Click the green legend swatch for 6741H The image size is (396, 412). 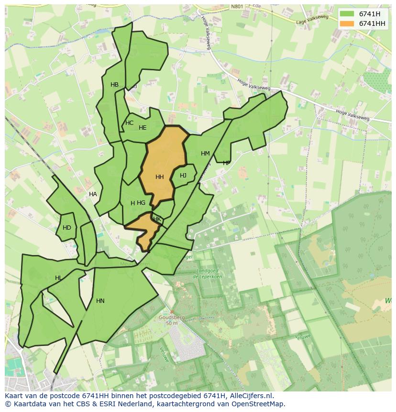tap(347, 14)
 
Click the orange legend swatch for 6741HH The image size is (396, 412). tap(347, 23)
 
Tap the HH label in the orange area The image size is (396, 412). tap(160, 177)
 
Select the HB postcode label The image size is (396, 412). tap(114, 85)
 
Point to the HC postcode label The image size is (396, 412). tap(129, 123)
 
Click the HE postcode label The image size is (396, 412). tap(143, 128)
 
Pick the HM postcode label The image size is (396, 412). tap(205, 154)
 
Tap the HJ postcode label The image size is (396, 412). tap(183, 176)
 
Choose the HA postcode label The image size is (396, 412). tap(93, 194)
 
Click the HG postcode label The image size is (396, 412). tap(141, 203)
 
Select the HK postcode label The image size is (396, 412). tap(157, 219)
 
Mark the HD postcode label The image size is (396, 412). tap(67, 228)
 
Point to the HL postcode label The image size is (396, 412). tap(58, 278)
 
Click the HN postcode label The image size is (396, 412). tap(100, 301)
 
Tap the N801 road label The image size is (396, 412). tap(237, 7)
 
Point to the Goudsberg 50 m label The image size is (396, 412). tap(172, 320)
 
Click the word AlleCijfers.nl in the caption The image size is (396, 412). tap(250, 396)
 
